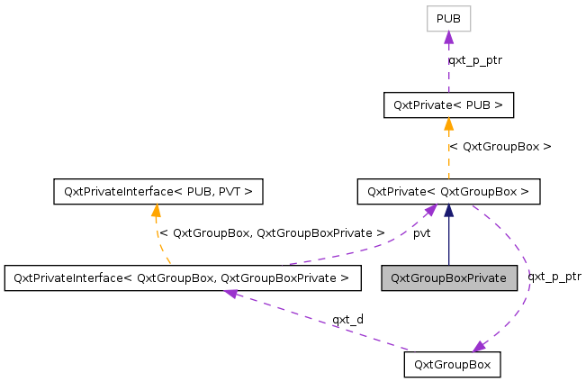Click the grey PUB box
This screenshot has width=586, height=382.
click(x=448, y=18)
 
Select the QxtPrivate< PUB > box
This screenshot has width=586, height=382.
click(x=448, y=105)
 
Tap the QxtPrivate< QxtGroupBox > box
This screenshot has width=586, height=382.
click(x=448, y=191)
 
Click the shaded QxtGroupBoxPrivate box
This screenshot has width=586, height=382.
click(x=449, y=277)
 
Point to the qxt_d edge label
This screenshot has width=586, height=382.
click(x=347, y=319)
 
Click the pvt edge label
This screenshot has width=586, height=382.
click(x=421, y=233)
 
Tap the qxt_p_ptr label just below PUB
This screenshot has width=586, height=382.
click(x=475, y=60)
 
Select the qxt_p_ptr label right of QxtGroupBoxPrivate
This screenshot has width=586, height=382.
click(x=554, y=277)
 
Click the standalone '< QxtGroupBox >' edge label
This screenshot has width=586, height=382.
click(x=500, y=146)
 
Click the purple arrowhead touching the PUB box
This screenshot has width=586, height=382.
click(x=448, y=37)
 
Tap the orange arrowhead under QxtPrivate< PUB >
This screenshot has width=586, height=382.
click(x=448, y=124)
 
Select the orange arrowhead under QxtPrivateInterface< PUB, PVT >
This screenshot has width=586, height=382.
click(x=157, y=211)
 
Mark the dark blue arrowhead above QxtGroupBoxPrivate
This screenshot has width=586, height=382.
click(x=448, y=211)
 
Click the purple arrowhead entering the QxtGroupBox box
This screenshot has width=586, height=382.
click(x=480, y=345)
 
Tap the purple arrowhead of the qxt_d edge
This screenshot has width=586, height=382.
click(x=231, y=294)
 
